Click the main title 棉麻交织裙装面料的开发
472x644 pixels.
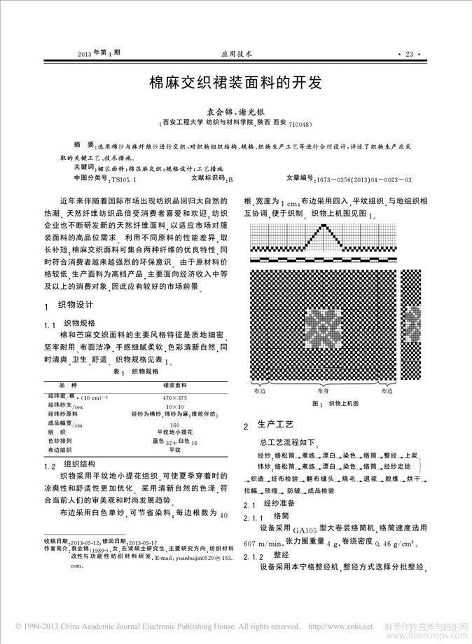click(235, 83)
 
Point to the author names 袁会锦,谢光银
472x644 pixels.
click(235, 111)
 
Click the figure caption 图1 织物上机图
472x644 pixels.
click(335, 404)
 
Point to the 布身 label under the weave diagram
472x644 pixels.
click(323, 391)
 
